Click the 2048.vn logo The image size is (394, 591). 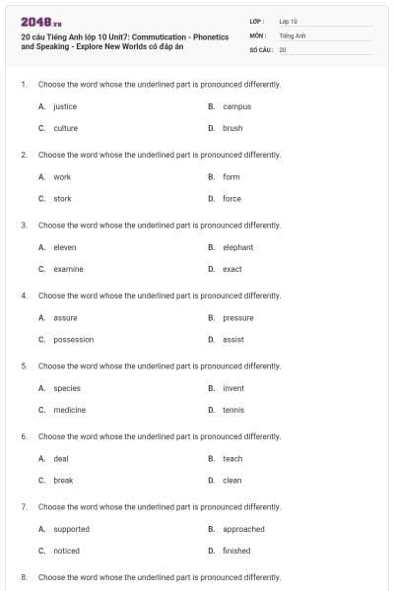click(37, 21)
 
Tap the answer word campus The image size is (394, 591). click(237, 106)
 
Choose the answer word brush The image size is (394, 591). click(232, 128)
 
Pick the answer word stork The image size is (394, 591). click(62, 198)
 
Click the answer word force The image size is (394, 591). click(231, 198)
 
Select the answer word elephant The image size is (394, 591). click(238, 247)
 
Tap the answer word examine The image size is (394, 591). click(68, 269)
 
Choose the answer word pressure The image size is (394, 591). click(238, 317)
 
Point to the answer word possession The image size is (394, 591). click(74, 339)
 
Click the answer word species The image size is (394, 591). click(67, 388)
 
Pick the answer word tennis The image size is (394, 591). click(233, 410)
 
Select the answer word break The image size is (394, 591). click(63, 480)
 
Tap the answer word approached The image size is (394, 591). click(243, 529)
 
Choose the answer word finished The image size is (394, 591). click(236, 551)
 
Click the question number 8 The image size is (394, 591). click(23, 576)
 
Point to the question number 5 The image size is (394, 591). click(23, 365)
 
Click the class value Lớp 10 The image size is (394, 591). click(289, 21)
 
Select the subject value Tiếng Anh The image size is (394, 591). click(293, 34)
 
